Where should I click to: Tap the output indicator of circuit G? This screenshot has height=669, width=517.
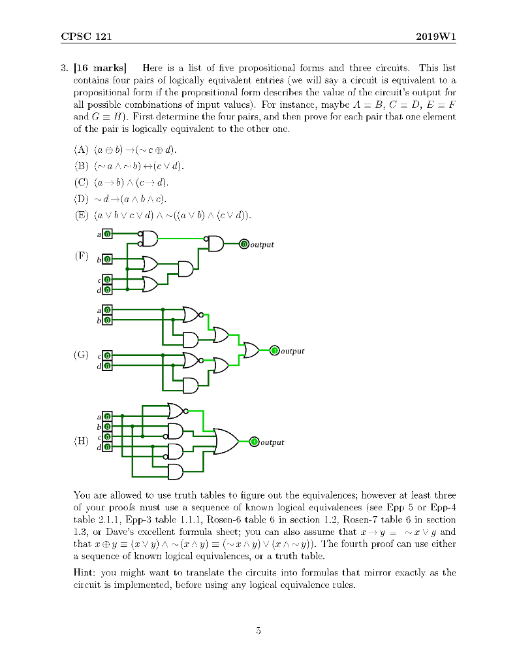274,351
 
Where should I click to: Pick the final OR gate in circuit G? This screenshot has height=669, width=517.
251,351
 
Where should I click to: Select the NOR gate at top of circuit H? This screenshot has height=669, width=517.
177,410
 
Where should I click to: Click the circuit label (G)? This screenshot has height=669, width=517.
82,355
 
